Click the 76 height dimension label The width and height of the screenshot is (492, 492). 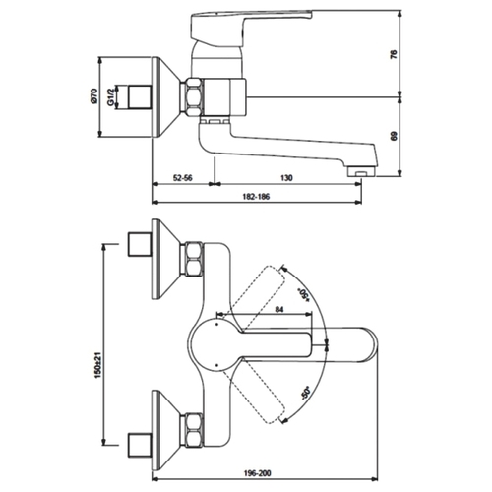point(394,54)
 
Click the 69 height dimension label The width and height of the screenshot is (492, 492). point(394,136)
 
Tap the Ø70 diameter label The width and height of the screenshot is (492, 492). point(93,96)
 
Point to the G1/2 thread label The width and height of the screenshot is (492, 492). point(110,96)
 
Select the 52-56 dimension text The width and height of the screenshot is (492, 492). point(183,178)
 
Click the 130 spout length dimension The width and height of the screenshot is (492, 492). point(286,178)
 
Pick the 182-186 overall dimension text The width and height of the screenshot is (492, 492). point(256,197)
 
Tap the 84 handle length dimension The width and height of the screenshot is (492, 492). point(279,309)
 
